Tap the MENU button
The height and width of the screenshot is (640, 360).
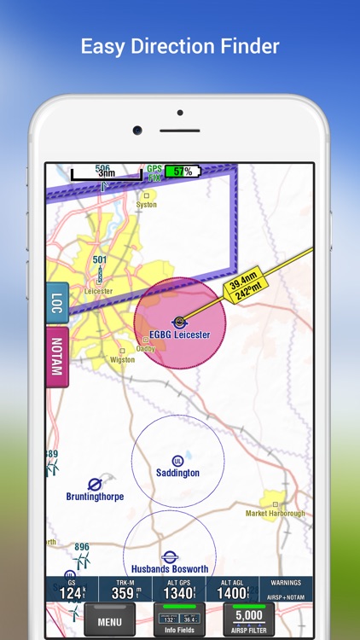click(x=109, y=621)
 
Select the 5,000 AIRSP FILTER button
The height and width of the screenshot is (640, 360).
click(x=248, y=620)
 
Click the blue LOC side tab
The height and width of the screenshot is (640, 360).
click(x=57, y=305)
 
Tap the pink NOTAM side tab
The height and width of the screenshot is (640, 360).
click(x=57, y=356)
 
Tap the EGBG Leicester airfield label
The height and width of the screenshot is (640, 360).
click(x=179, y=335)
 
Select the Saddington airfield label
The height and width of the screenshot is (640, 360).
click(x=177, y=472)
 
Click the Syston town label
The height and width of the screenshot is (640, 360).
click(x=147, y=205)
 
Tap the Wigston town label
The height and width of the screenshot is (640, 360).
click(x=123, y=359)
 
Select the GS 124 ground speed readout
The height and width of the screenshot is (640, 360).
click(x=72, y=590)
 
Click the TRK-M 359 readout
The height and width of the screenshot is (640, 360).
click(x=125, y=590)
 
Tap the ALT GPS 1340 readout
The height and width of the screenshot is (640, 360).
click(x=178, y=590)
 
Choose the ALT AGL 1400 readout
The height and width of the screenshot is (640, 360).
click(x=231, y=590)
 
